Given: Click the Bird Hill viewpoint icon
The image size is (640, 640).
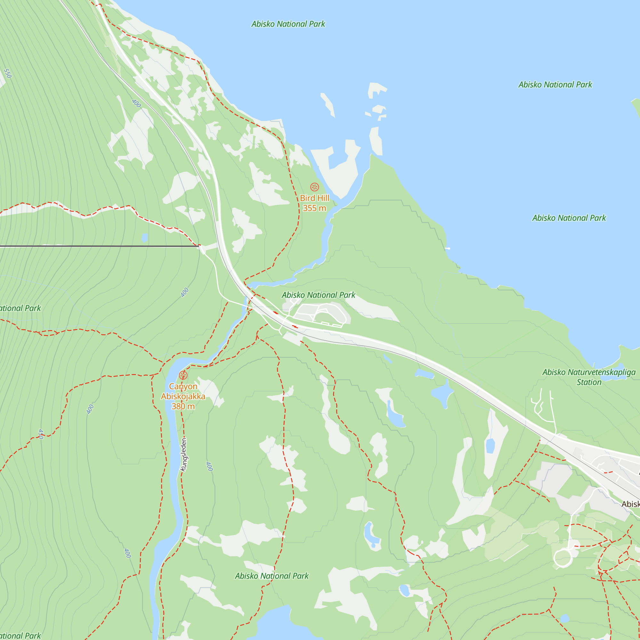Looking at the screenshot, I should [314, 187].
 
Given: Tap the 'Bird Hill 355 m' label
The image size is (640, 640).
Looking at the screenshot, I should [314, 203].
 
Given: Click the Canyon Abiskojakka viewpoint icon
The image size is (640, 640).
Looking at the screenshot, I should [183, 375].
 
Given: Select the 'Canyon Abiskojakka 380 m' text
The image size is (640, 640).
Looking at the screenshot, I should [183, 396].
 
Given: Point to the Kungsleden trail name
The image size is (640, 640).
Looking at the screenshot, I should [183, 454].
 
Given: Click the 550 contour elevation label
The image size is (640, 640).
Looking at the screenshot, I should [7, 73].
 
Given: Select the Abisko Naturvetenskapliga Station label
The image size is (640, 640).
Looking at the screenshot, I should [589, 377].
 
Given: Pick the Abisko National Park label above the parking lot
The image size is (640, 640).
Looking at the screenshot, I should [318, 295].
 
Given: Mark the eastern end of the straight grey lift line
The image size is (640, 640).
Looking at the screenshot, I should [199, 246].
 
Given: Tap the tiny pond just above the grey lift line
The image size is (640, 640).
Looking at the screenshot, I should [145, 238].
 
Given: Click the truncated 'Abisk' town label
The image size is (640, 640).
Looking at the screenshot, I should [630, 504].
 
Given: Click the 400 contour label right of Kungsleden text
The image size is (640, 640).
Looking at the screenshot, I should [209, 466].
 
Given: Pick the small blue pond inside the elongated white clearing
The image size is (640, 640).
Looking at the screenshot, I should [490, 445].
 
